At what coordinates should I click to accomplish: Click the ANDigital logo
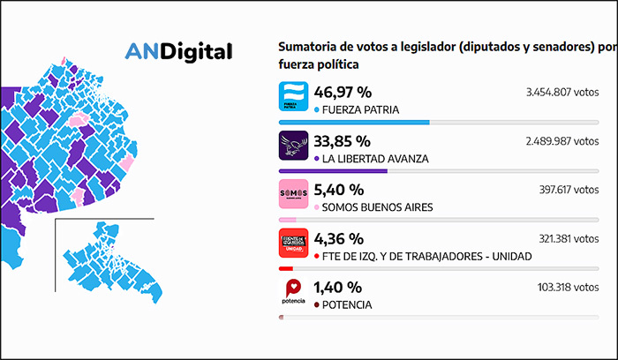(x=179, y=51)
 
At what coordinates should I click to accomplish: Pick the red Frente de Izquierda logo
(x=292, y=244)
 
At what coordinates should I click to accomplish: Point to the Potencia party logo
(x=292, y=292)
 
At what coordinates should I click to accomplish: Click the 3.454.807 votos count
(x=560, y=92)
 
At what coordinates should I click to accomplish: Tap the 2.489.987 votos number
(x=560, y=140)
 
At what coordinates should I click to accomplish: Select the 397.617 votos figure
(x=566, y=189)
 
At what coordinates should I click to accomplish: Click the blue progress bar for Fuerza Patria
(x=354, y=123)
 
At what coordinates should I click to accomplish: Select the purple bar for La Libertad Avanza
(x=333, y=171)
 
